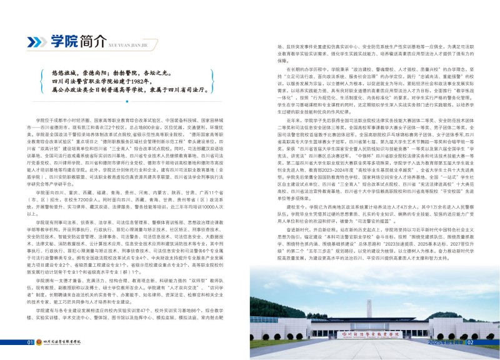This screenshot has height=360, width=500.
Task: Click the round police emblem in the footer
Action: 39,342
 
